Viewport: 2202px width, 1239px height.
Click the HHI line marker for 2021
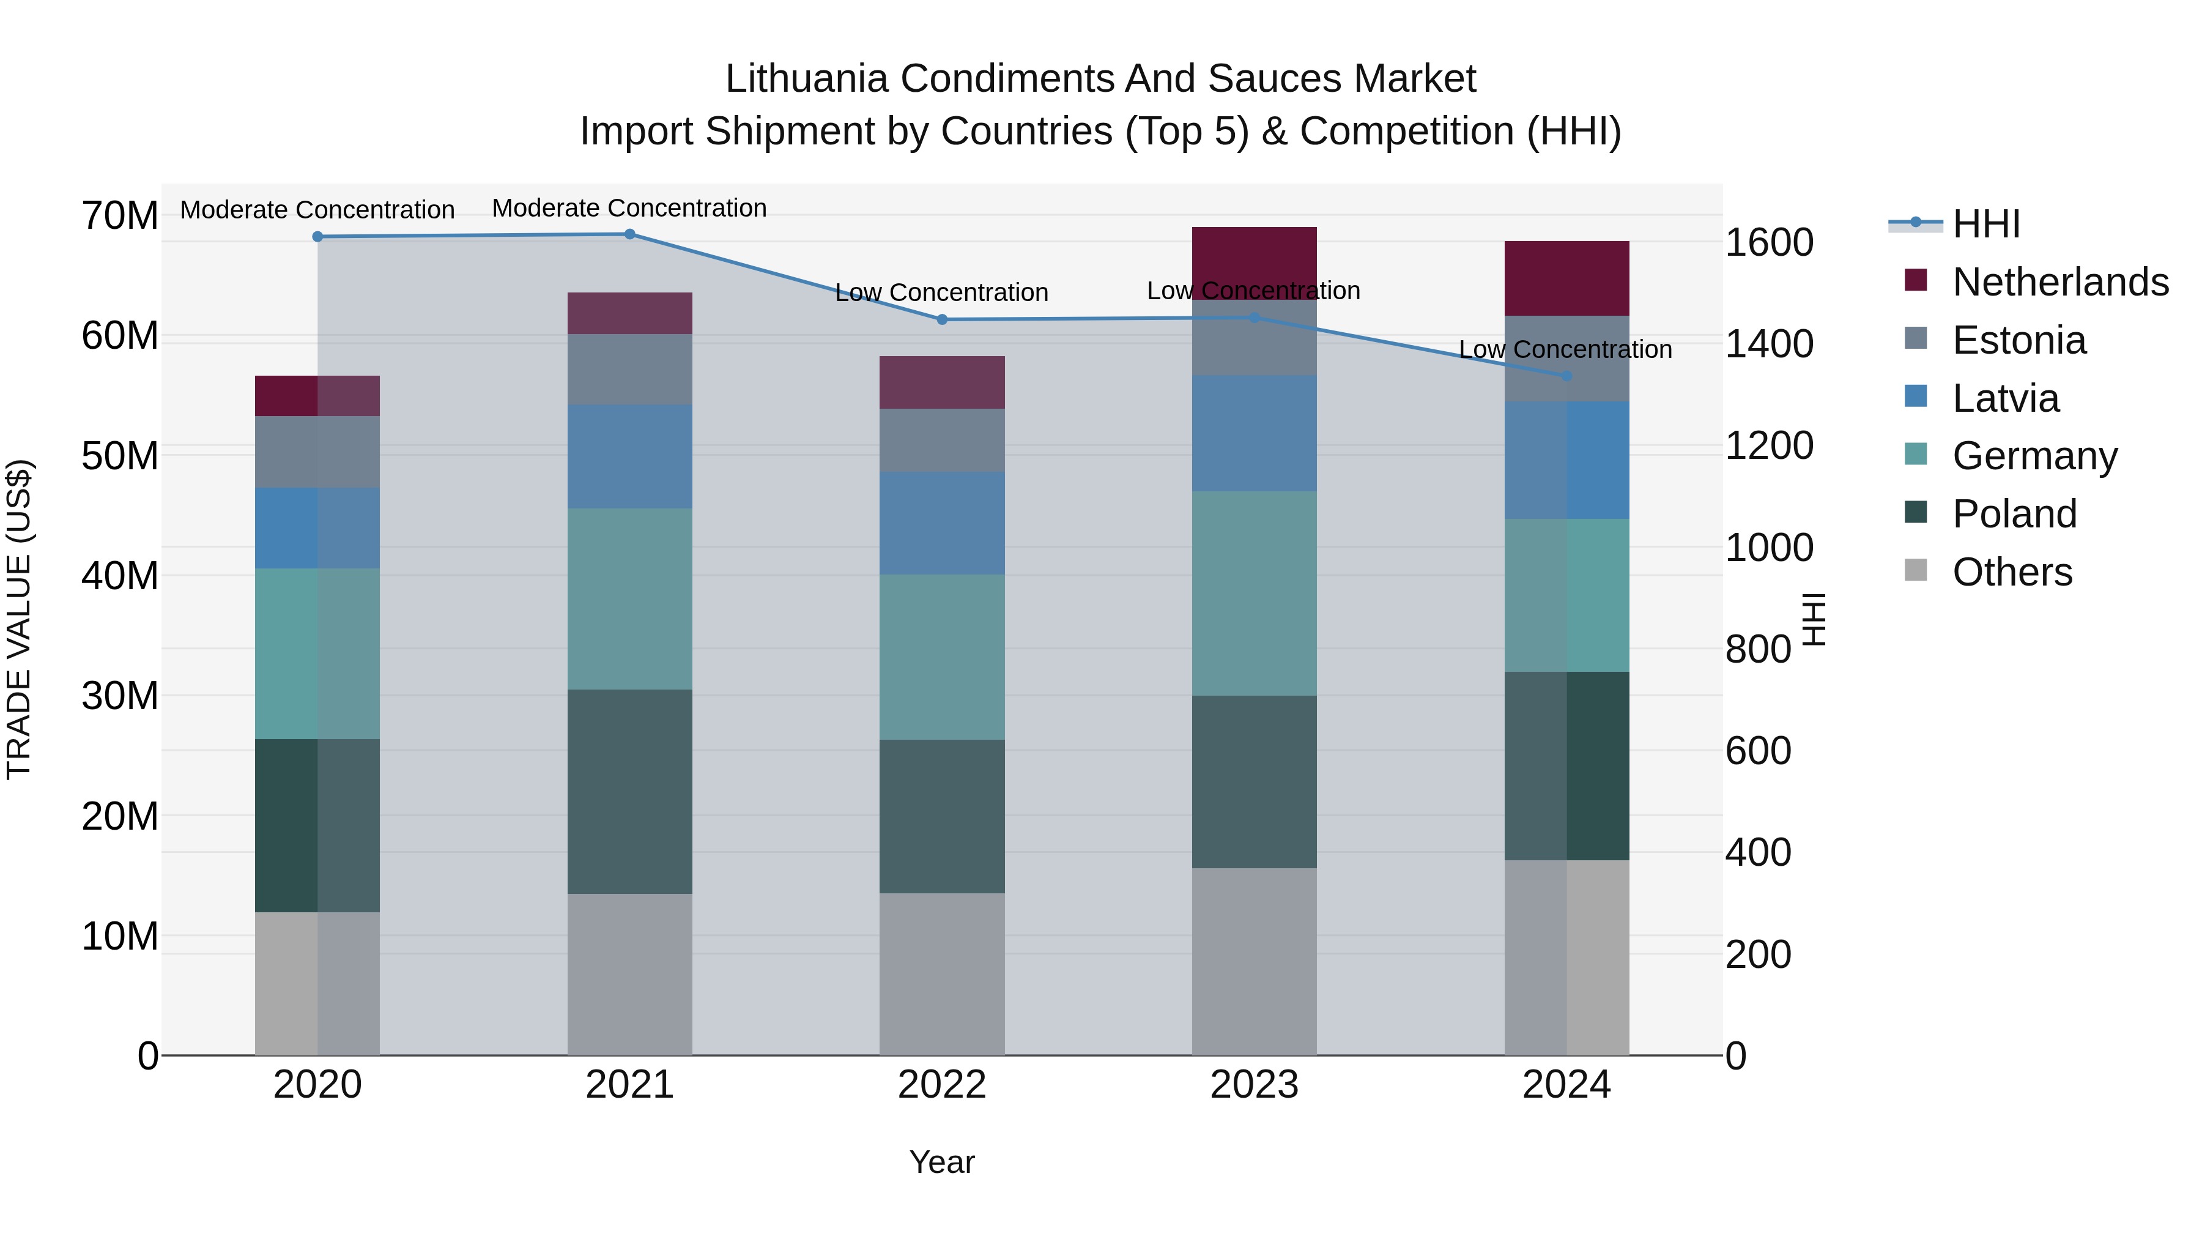(x=629, y=234)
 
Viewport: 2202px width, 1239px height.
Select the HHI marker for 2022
(x=942, y=320)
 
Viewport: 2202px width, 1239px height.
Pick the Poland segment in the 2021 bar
(x=629, y=791)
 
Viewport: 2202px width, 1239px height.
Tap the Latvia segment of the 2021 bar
(x=629, y=456)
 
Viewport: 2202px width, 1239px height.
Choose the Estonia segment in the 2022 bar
(x=942, y=441)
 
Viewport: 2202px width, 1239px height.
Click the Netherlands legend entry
(x=2060, y=282)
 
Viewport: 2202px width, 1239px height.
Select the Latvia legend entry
(x=2006, y=398)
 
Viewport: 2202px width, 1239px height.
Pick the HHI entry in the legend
(x=1985, y=224)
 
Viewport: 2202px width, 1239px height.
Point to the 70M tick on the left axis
(x=120, y=215)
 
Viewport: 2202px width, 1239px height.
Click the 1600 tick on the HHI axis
(x=1768, y=243)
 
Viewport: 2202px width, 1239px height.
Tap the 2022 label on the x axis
(x=942, y=1085)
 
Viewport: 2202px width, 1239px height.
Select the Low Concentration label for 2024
(x=1565, y=350)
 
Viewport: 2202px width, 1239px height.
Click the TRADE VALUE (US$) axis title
(x=19, y=619)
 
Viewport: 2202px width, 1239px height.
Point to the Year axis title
(x=942, y=1162)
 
